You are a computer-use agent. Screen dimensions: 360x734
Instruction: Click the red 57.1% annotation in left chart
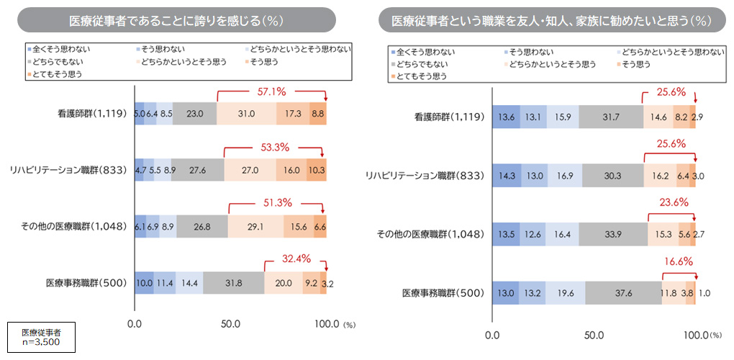coord(271,92)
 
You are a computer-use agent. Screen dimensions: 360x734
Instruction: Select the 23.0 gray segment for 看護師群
coord(194,114)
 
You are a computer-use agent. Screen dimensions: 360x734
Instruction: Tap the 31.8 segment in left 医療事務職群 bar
coord(233,283)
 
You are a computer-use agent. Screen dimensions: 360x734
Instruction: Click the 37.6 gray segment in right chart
coord(622,293)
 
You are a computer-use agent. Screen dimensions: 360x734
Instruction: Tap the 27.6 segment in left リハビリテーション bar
coord(197,170)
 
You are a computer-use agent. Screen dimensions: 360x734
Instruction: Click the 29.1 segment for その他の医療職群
coord(255,226)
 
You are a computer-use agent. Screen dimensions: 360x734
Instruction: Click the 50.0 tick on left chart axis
coord(230,324)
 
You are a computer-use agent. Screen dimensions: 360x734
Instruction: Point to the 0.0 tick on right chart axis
coord(492,335)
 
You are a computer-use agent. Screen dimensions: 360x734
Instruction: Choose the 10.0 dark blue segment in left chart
coord(144,283)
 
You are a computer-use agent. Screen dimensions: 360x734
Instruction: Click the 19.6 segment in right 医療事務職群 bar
coord(565,293)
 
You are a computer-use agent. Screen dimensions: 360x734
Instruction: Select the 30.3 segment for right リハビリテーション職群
coord(613,175)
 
